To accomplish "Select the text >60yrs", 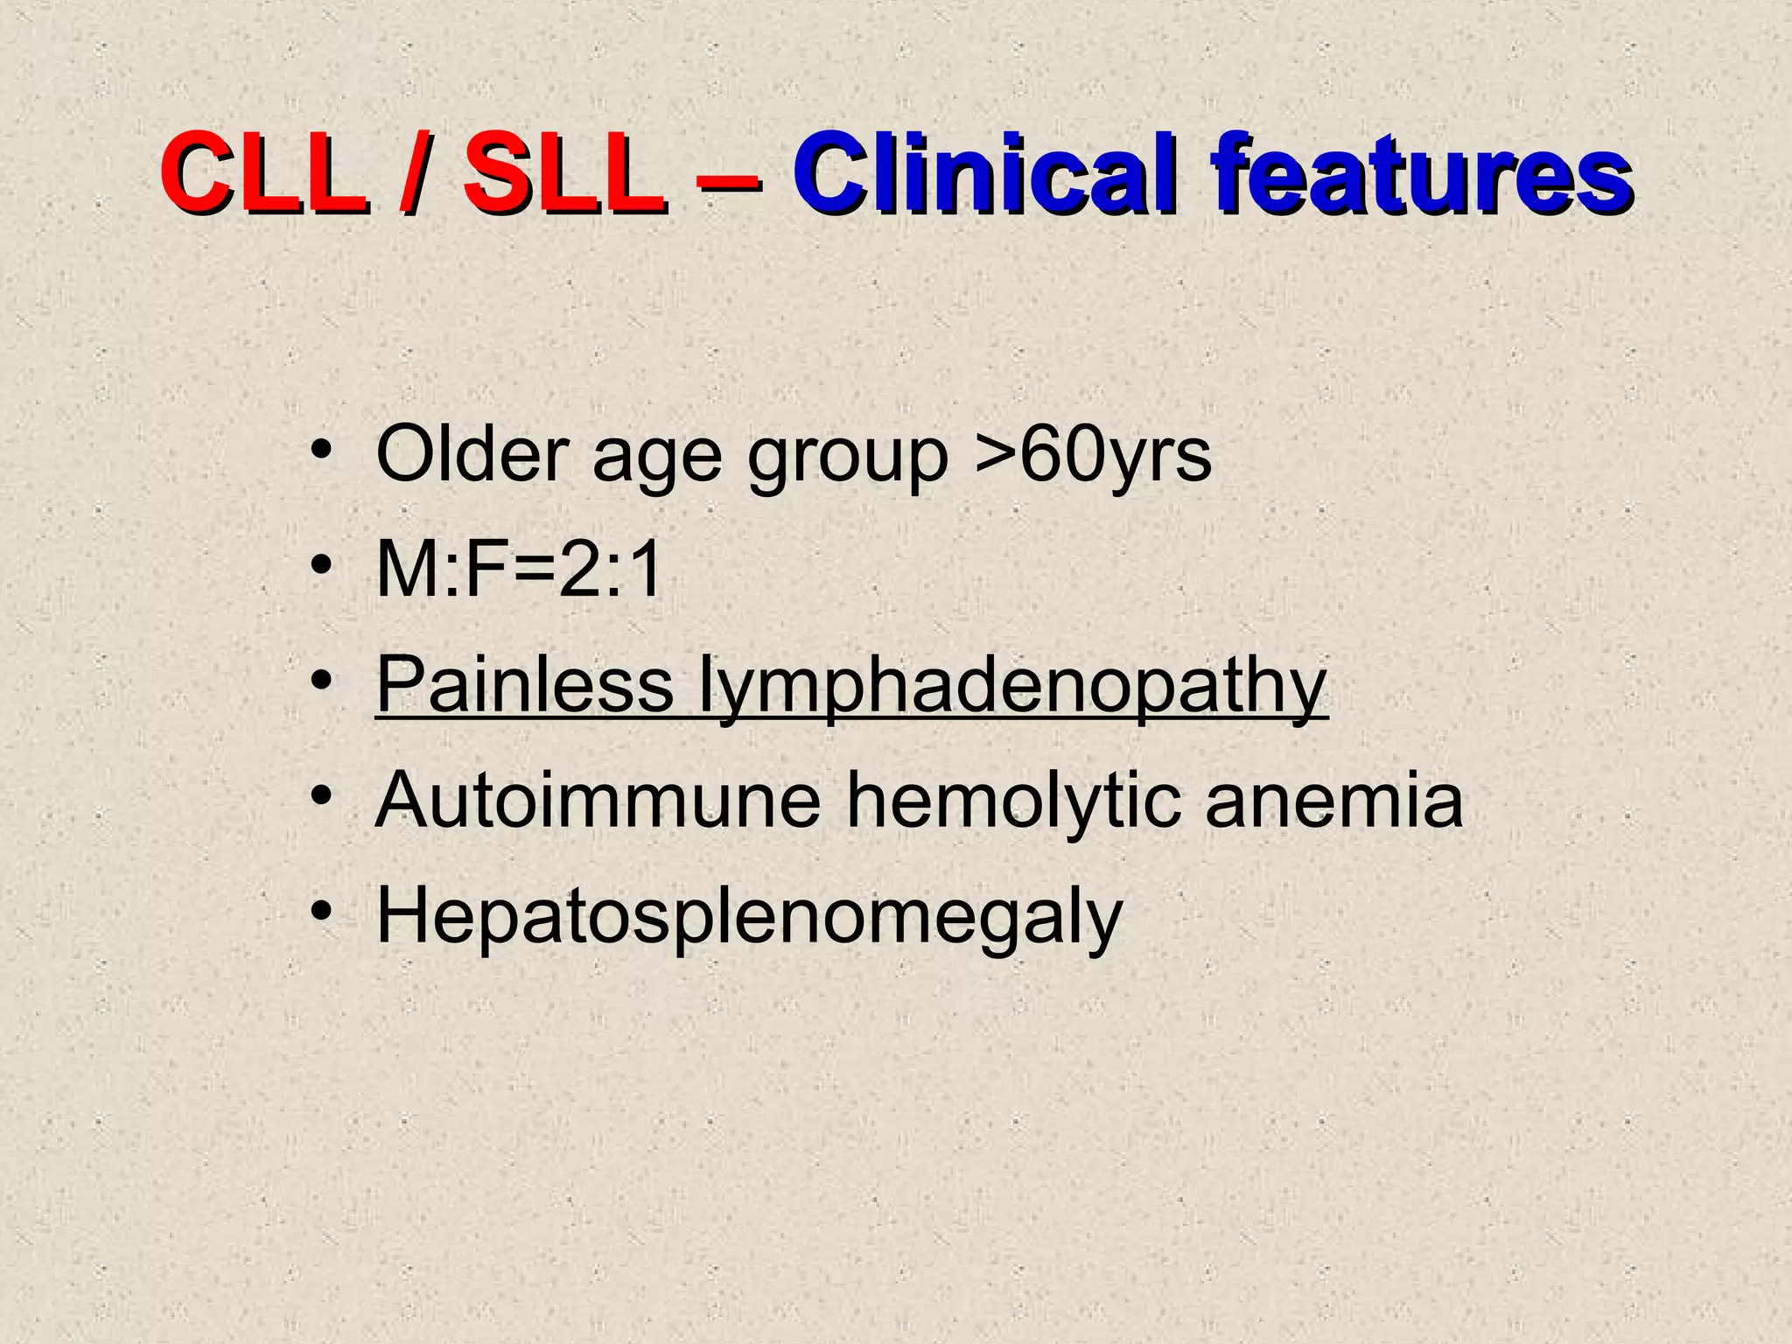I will (1093, 456).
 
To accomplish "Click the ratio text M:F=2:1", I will (518, 570).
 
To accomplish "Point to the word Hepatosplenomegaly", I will (748, 919).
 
